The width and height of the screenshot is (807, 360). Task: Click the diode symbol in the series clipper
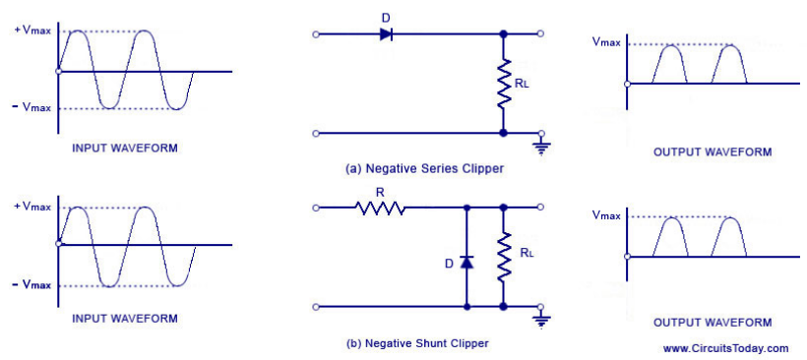(386, 33)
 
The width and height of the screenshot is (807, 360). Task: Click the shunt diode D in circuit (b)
(466, 263)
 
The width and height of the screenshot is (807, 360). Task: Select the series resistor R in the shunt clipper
(381, 208)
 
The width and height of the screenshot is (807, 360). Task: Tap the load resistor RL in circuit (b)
(503, 257)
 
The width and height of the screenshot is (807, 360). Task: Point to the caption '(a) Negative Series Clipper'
(424, 169)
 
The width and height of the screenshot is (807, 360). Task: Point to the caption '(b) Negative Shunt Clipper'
(417, 343)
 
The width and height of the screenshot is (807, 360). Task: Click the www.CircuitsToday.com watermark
(725, 348)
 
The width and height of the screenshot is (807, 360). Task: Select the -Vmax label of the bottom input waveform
(32, 284)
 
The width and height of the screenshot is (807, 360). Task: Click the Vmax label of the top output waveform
(605, 42)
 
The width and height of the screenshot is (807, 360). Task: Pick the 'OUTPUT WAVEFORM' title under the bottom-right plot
(713, 322)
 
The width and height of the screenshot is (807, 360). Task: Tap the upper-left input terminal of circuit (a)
(315, 33)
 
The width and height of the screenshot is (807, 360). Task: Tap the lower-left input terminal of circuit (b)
(315, 307)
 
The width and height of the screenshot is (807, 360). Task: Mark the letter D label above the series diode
(386, 16)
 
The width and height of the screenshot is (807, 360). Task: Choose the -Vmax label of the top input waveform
(32, 106)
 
